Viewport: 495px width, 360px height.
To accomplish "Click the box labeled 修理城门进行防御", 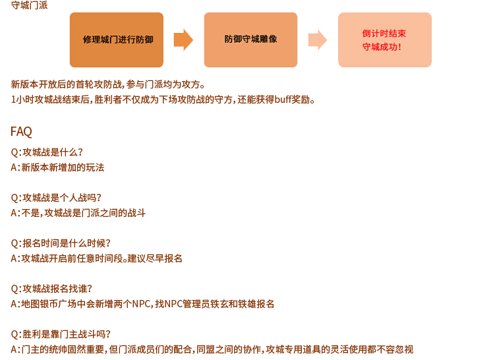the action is [x=117, y=40].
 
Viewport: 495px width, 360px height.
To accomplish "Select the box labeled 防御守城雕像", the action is [x=250, y=40].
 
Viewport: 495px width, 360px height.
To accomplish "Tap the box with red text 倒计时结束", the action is [x=385, y=40].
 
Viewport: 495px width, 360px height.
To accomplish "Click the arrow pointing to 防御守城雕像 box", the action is [x=183, y=40].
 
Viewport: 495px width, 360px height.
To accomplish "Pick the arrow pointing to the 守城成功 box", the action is [x=318, y=40].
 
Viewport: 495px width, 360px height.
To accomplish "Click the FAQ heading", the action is [x=21, y=131].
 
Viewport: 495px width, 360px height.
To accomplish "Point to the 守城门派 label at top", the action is [x=29, y=5].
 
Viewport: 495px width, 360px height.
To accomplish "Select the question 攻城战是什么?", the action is [x=47, y=152].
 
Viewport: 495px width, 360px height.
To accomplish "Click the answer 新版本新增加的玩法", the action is [x=57, y=167].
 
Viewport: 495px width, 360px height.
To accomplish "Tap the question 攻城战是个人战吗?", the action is [x=56, y=198].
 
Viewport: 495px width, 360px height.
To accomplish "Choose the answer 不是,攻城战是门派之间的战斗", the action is [x=78, y=213].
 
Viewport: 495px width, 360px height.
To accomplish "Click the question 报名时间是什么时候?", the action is [x=61, y=243].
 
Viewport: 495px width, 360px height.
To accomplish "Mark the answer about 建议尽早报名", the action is [x=97, y=258].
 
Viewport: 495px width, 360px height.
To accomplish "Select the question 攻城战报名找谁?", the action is [x=51, y=289].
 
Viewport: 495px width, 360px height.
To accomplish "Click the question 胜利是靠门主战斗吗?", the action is [x=61, y=334].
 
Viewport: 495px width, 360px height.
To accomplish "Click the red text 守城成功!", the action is [x=382, y=47].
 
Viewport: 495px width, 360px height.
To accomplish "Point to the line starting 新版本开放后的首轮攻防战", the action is [x=108, y=84].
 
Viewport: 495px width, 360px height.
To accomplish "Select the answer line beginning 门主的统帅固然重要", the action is [x=212, y=349].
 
